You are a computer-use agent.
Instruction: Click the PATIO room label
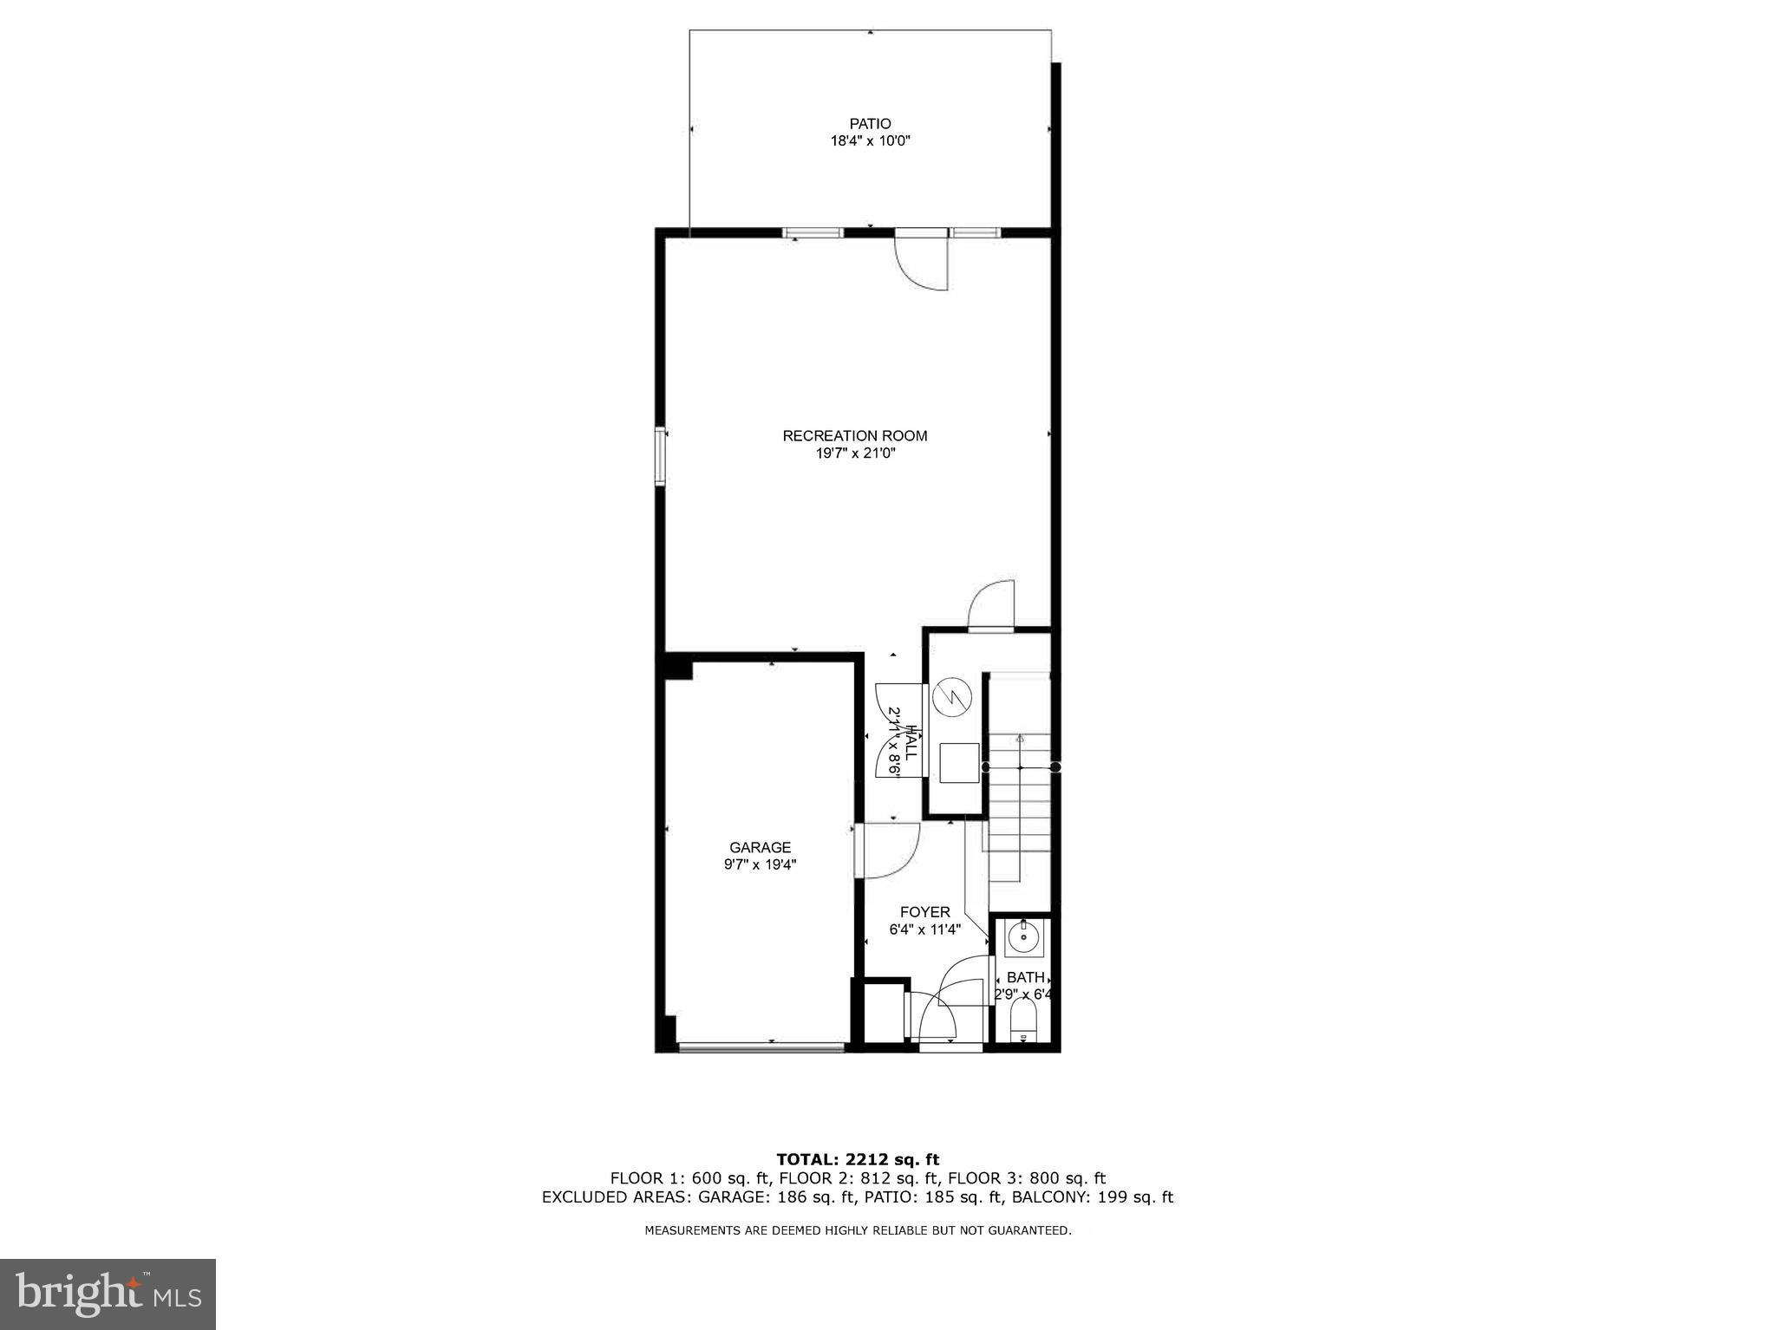[x=870, y=124]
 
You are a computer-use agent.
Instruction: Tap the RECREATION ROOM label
[x=855, y=436]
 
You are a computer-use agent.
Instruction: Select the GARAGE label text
[x=760, y=847]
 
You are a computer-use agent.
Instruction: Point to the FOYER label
[x=924, y=912]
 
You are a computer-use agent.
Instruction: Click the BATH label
[x=1025, y=977]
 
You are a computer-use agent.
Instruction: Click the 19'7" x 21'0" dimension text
[x=855, y=453]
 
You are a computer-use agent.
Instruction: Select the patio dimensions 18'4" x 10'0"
[x=870, y=140]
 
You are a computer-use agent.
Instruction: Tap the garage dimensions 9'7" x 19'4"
[x=760, y=864]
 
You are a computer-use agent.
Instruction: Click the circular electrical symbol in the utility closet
[x=950, y=699]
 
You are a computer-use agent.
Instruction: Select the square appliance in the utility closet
[x=958, y=763]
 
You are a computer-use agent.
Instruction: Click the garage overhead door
[x=761, y=1047]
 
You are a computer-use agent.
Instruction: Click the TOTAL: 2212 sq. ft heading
[x=857, y=1159]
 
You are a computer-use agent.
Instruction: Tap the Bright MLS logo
[x=108, y=1295]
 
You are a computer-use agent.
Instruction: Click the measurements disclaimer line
[x=858, y=1230]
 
